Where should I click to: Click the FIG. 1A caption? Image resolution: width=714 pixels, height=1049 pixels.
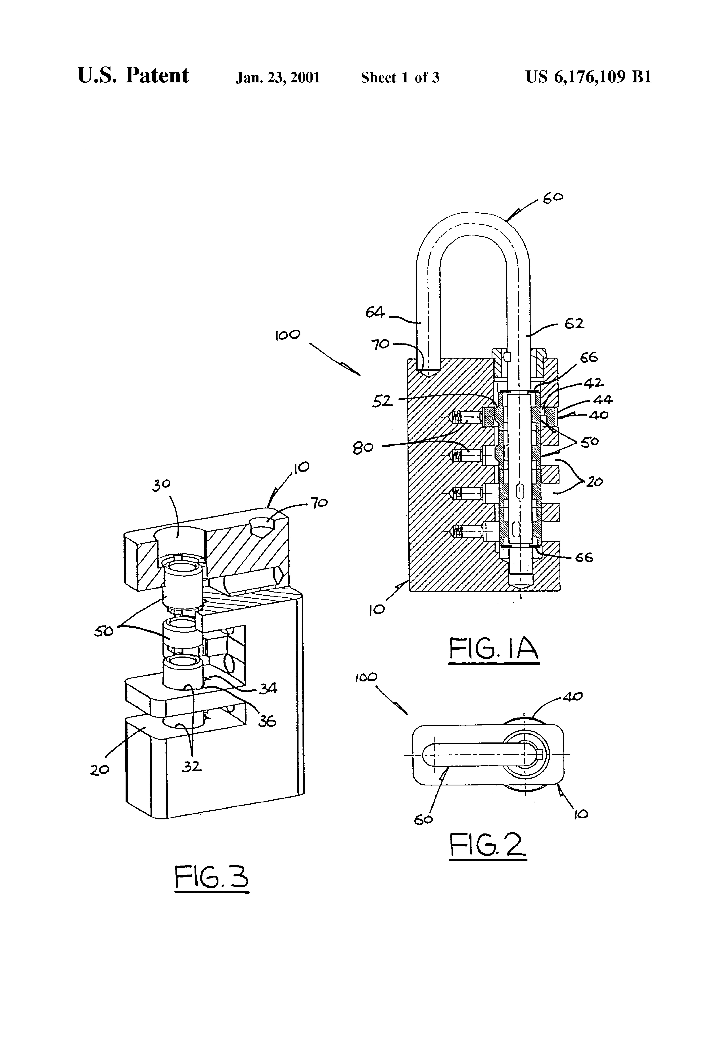click(x=494, y=649)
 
